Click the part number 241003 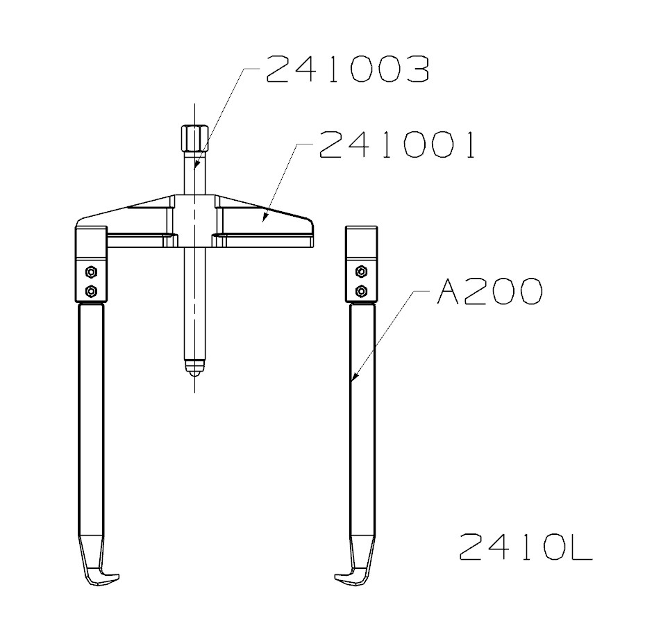tap(347, 70)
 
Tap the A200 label tap(488, 292)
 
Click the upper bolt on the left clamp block tap(90, 271)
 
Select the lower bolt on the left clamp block tap(90, 290)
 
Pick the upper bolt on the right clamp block tap(360, 271)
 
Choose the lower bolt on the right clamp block tap(360, 290)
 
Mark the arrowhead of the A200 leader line tap(353, 379)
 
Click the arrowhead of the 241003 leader tap(196, 167)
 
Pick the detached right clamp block tap(361, 264)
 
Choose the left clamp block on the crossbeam tap(90, 264)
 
